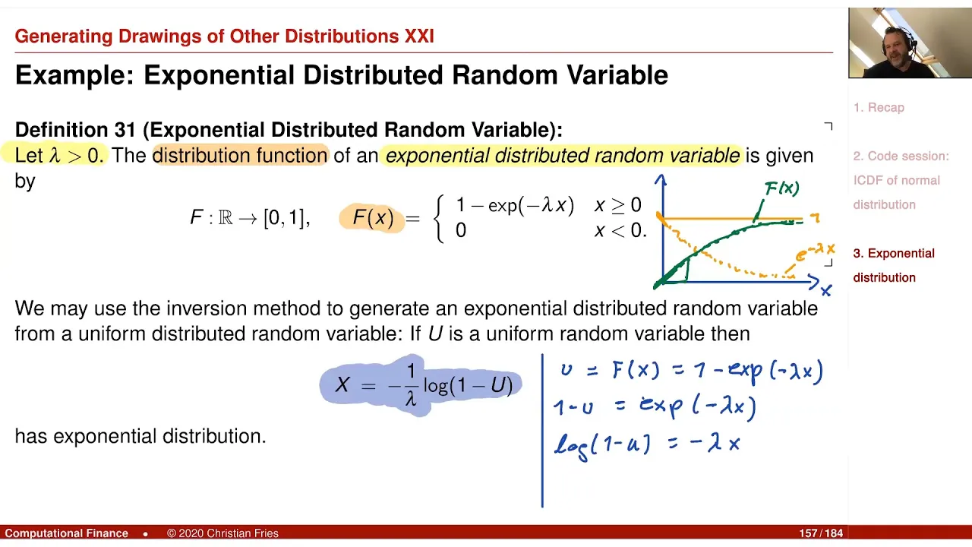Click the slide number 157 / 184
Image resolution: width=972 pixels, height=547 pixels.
tap(821, 533)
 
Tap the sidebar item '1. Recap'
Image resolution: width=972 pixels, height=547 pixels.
tap(879, 108)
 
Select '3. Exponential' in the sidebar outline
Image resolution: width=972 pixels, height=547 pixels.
tap(894, 253)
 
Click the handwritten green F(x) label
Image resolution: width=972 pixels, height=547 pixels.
tap(781, 188)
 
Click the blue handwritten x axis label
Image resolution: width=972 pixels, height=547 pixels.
tap(825, 290)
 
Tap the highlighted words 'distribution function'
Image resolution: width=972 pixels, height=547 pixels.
tap(240, 156)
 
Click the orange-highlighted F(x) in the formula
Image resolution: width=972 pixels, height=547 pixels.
tap(373, 217)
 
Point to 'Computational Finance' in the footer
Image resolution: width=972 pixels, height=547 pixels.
tap(66, 533)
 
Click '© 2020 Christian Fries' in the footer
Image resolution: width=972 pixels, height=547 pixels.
tap(222, 533)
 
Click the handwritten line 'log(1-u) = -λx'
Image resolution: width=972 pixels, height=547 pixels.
tap(647, 446)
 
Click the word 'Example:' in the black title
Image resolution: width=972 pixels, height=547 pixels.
tap(74, 75)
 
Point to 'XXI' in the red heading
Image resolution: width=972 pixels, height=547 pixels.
tap(419, 36)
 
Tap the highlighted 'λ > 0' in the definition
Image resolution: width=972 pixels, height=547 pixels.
tap(77, 156)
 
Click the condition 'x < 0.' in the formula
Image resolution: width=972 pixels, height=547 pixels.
tap(620, 229)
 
